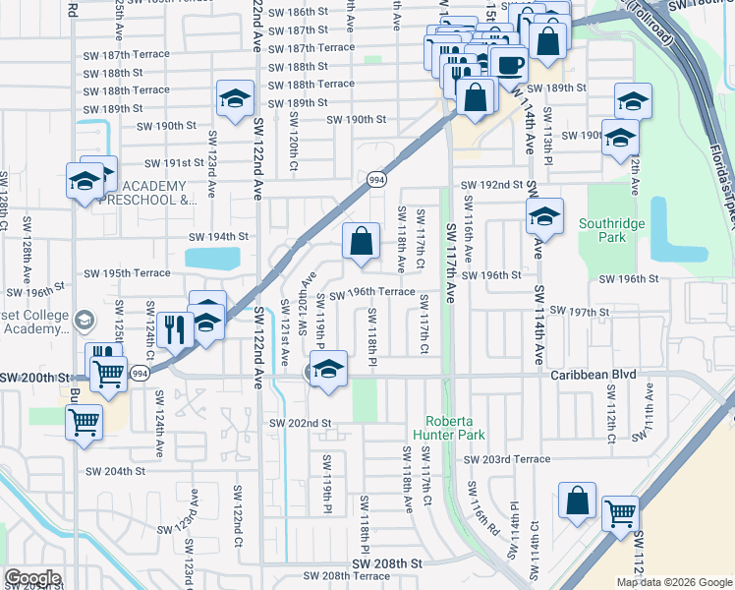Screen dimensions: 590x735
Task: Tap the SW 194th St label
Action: (x=218, y=237)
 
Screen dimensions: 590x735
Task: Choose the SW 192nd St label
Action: (x=492, y=185)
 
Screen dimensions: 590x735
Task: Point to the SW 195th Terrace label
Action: (x=127, y=273)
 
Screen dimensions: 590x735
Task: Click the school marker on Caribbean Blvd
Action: (x=330, y=369)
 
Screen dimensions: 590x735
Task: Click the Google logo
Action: (x=33, y=577)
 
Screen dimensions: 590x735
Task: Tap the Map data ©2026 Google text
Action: (x=674, y=582)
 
